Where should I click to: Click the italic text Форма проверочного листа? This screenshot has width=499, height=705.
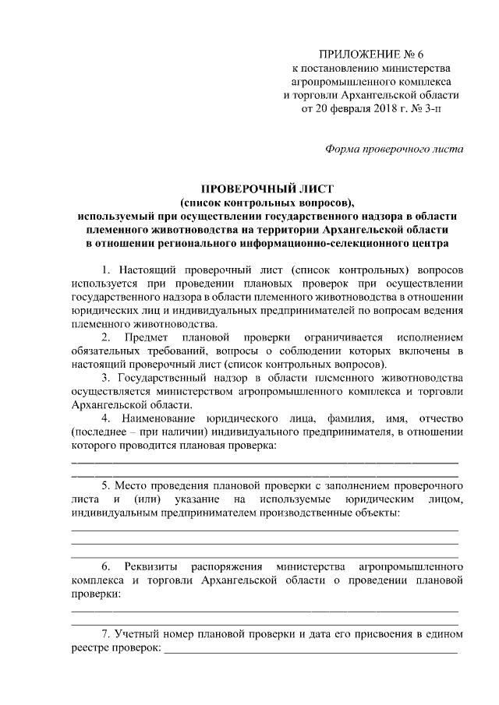tap(394, 149)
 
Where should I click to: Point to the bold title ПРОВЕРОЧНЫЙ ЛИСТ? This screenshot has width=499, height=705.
tap(267, 189)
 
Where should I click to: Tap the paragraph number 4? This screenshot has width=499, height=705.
tap(105, 418)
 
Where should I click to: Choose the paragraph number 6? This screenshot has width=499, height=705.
tap(105, 566)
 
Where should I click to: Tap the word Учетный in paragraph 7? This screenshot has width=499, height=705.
tap(135, 633)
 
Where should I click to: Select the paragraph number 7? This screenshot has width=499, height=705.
tap(105, 633)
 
